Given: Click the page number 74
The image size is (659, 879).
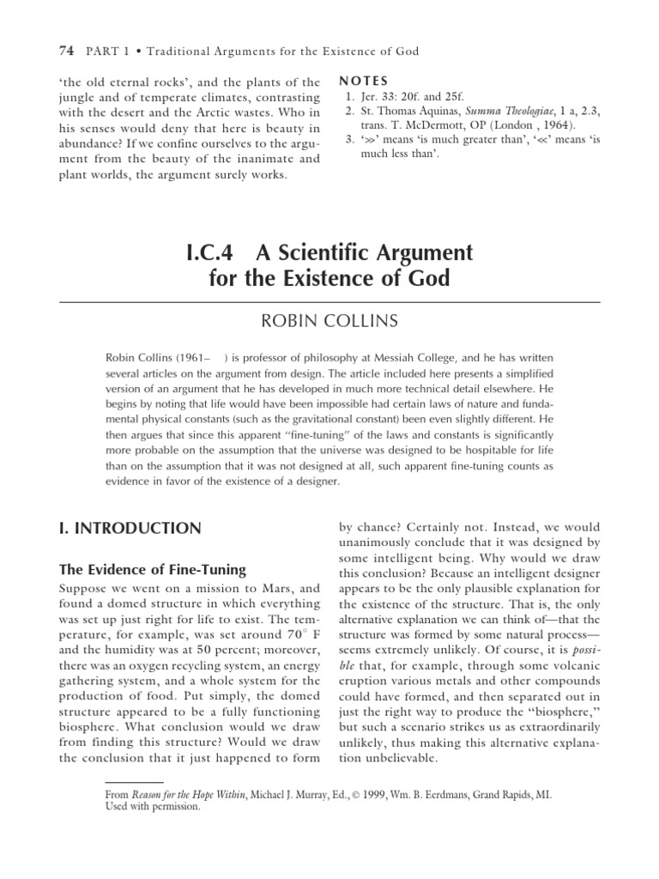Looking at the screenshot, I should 66,52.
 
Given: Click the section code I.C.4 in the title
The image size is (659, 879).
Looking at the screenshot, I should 214,253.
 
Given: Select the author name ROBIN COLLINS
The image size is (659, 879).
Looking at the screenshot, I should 329,321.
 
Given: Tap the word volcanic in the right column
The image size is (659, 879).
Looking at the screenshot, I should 570,682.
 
